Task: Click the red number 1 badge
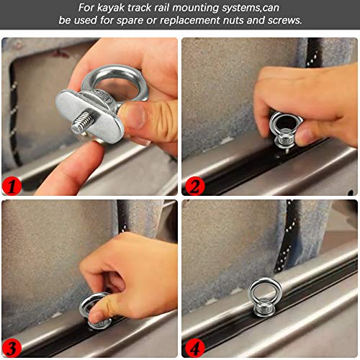click(x=12, y=186)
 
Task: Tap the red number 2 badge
click(x=194, y=186)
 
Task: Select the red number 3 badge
click(x=12, y=348)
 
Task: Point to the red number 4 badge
click(x=194, y=348)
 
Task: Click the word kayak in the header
click(x=111, y=8)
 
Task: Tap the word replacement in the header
click(x=189, y=20)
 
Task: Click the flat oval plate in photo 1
click(x=90, y=115)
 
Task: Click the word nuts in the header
click(x=233, y=20)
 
